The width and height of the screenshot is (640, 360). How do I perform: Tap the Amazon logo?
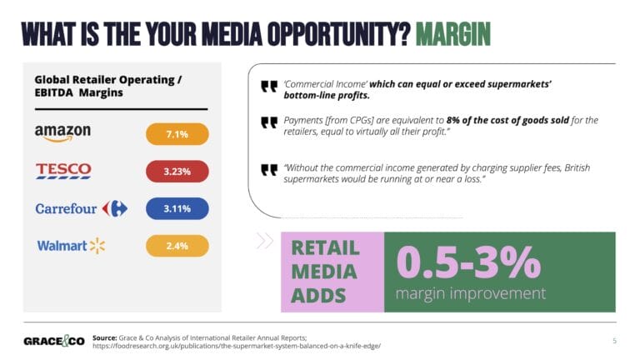coord(62,133)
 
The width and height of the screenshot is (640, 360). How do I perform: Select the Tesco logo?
coord(63,171)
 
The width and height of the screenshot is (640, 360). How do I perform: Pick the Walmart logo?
coord(71,245)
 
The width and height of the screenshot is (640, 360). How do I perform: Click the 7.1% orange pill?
coord(177,134)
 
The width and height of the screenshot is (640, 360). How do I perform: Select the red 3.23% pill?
coord(177,171)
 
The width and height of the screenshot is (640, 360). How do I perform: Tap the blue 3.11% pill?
coord(177,208)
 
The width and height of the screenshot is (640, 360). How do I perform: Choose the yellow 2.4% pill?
coord(177,246)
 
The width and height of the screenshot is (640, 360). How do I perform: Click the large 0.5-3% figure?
coord(467,261)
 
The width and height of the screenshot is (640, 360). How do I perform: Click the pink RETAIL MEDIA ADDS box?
coord(331,272)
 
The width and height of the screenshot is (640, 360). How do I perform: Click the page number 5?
coord(614,340)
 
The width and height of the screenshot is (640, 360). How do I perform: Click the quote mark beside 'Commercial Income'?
coord(268,86)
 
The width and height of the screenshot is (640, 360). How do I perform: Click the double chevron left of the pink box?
coord(264,241)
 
